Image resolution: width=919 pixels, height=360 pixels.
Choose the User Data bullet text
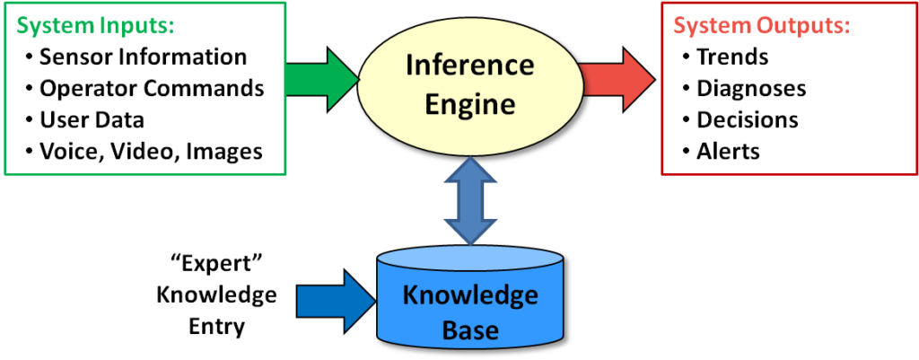click(92, 119)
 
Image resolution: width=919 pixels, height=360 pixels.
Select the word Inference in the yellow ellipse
click(469, 66)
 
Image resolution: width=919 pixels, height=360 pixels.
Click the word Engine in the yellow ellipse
click(469, 103)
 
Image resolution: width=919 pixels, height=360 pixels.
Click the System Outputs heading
click(761, 26)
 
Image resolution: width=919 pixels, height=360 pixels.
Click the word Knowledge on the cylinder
click(469, 295)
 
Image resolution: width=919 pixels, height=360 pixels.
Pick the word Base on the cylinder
click(469, 329)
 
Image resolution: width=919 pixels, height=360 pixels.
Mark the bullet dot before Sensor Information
click(30, 57)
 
